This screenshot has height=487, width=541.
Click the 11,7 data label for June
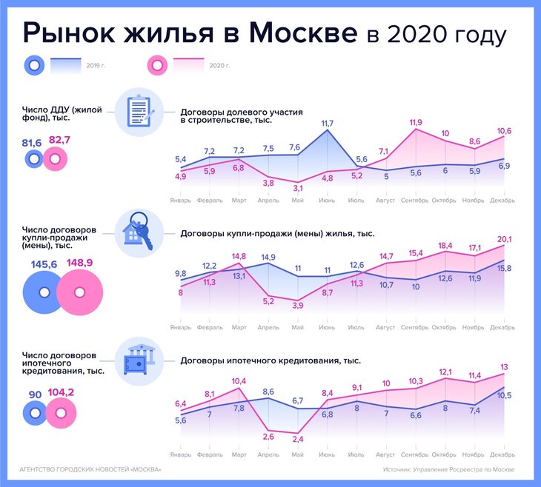[x=327, y=123]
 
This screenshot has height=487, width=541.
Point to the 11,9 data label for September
[x=415, y=121]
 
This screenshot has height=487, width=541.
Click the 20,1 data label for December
[x=504, y=239]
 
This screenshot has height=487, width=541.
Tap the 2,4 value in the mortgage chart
[x=298, y=439]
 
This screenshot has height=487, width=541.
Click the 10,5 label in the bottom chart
[x=505, y=396]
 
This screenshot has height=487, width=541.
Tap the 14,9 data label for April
[x=268, y=257]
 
